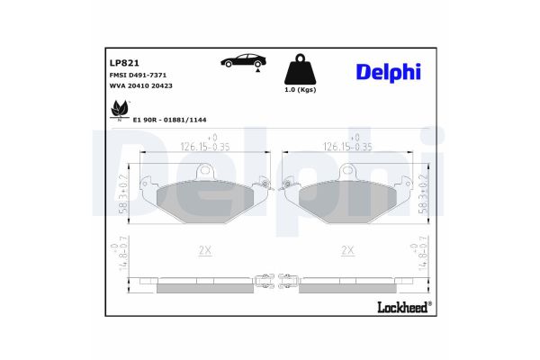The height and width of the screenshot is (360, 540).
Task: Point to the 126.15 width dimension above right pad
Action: tap(346, 143)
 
